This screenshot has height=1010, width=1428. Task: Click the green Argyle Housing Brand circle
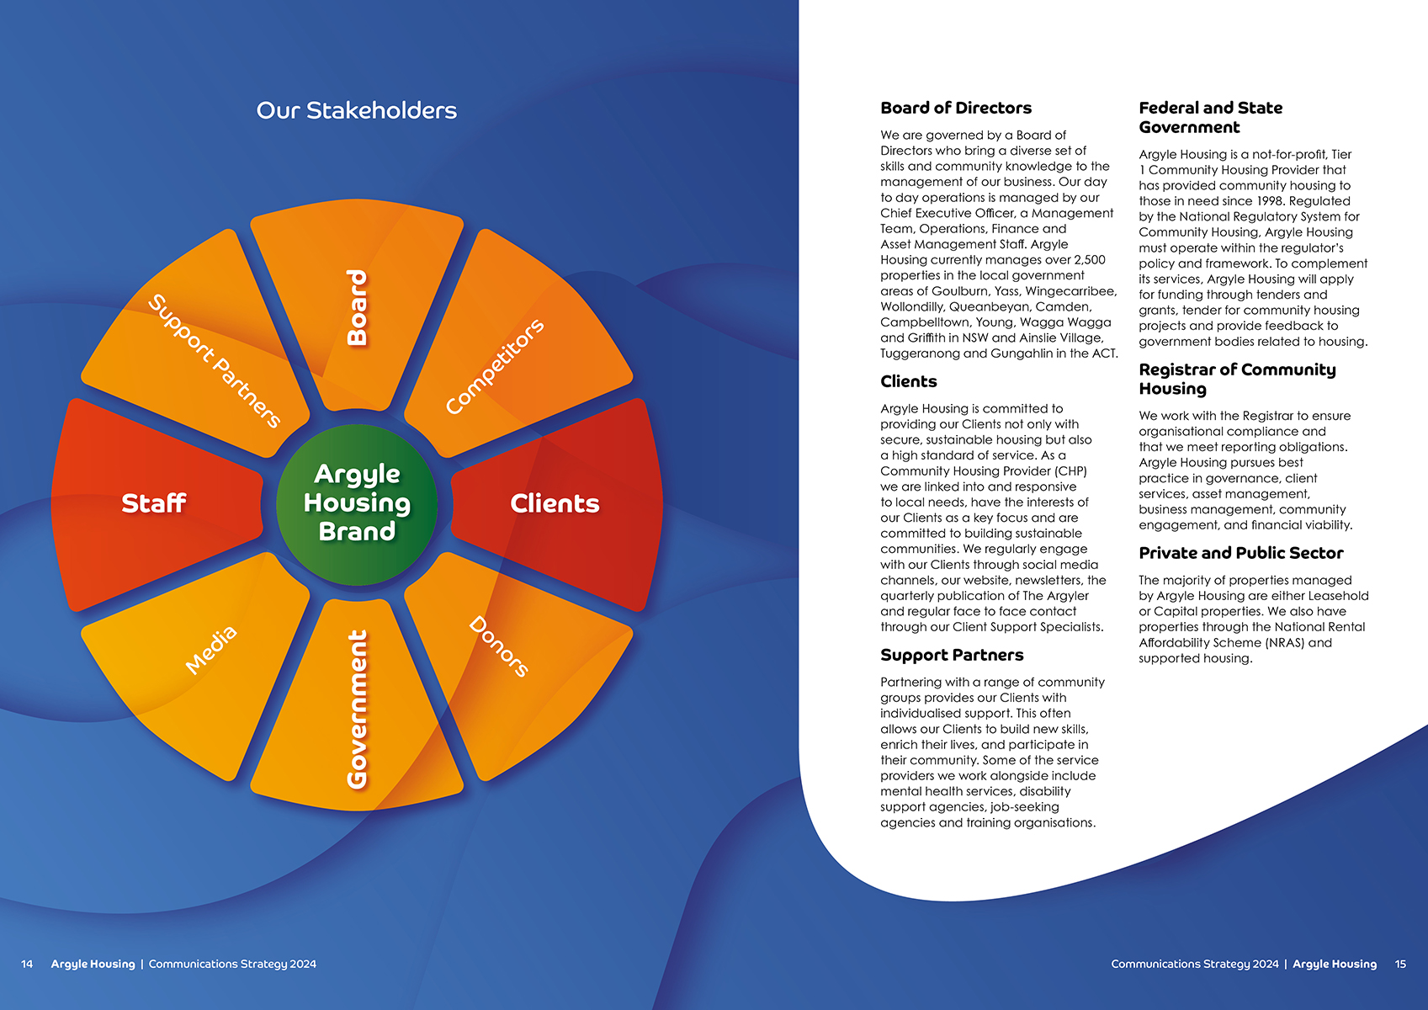(357, 503)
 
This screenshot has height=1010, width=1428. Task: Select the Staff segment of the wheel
(154, 503)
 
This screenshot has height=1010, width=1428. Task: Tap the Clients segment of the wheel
(555, 503)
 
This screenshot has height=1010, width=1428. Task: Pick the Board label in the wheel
(358, 307)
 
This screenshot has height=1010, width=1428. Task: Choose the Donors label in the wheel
(498, 646)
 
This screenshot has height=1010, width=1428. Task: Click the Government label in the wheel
(358, 709)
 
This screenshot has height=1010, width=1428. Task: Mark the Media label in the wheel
(211, 650)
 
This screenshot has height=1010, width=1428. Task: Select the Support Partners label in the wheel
(215, 361)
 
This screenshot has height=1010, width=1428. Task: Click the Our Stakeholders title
(357, 110)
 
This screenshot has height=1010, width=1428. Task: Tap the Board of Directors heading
(956, 108)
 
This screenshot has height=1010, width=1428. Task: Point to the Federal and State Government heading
(1210, 118)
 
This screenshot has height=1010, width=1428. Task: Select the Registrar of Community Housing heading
(1237, 379)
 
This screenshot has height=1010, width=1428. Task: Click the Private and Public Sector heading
(1240, 553)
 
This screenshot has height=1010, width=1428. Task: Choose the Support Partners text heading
(952, 655)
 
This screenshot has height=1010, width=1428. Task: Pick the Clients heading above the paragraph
(908, 381)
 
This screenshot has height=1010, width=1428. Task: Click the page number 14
(27, 964)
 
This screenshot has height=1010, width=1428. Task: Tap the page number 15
(1400, 964)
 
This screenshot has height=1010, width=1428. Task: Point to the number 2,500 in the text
(1090, 260)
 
